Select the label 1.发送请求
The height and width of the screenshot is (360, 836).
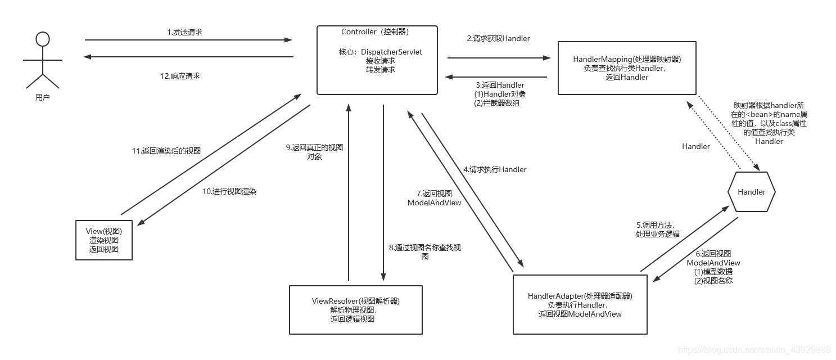184,33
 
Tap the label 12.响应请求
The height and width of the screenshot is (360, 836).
180,76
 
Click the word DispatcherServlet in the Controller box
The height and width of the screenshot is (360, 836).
391,52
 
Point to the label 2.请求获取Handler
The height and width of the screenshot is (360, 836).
498,38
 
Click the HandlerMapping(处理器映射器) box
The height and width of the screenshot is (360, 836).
626,68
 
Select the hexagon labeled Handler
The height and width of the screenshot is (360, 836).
751,192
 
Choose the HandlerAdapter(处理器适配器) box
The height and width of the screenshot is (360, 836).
580,304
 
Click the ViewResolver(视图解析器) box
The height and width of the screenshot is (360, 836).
355,310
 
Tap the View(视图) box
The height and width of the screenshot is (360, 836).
104,240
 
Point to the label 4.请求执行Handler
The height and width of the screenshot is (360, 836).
495,169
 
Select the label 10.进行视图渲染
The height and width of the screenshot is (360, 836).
229,191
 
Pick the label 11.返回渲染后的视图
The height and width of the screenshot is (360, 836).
166,151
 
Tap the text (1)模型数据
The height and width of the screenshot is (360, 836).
713,272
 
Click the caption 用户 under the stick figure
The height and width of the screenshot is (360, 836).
43,97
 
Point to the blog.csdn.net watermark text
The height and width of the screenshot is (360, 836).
754,350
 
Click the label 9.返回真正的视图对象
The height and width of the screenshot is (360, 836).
314,152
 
